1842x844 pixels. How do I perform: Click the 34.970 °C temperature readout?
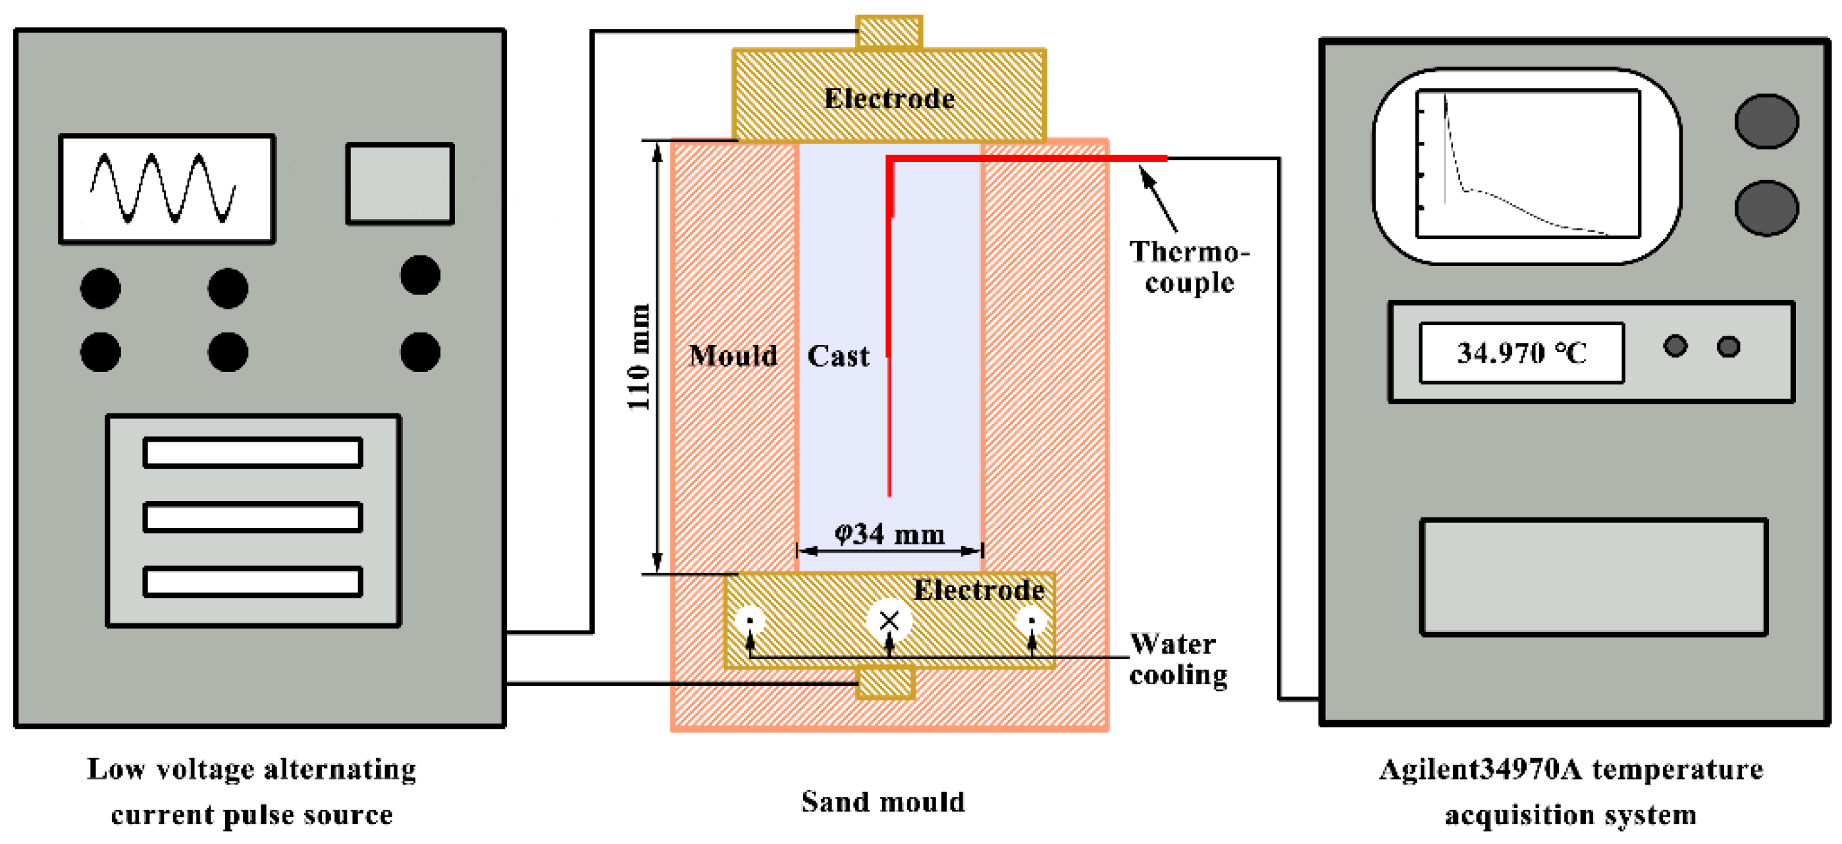pos(1521,354)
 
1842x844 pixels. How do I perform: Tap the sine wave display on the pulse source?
pos(167,189)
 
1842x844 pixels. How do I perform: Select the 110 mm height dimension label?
pos(638,357)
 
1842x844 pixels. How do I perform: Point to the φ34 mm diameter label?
pos(889,533)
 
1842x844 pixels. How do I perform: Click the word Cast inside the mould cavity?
pos(838,356)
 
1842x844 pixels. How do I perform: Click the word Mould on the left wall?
pos(733,356)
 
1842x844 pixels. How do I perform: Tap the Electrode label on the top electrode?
pos(889,99)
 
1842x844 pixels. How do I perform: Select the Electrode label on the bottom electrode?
pos(978,590)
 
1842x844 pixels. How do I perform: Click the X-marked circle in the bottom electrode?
pos(889,620)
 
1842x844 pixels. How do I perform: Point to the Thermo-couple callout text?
pos(1189,267)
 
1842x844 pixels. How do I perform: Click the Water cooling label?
pos(1178,659)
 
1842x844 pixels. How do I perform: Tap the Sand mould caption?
pos(883,802)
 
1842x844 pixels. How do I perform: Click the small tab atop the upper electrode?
pos(889,32)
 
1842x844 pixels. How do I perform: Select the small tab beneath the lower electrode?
pos(886,683)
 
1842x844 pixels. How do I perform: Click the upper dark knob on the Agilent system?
pos(1766,122)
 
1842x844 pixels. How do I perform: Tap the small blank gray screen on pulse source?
pos(400,184)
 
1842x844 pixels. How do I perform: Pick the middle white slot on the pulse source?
pos(252,517)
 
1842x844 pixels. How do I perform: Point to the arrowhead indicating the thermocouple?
pos(1145,173)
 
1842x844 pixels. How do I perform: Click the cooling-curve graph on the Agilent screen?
pos(1527,163)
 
